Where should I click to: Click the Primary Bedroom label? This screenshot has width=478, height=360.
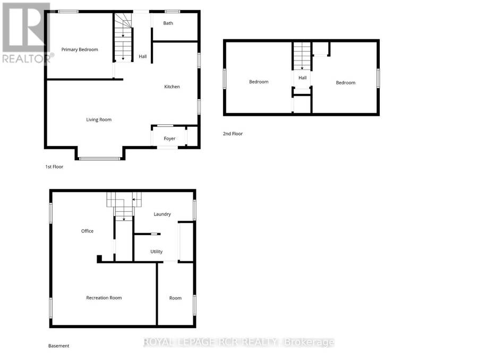pyautogui.click(x=80, y=49)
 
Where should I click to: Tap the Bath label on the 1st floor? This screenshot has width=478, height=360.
pyautogui.click(x=168, y=23)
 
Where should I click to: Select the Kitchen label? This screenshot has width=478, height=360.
pyautogui.click(x=172, y=87)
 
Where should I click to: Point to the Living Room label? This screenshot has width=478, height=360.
pyautogui.click(x=99, y=120)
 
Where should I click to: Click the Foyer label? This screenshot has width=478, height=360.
pyautogui.click(x=169, y=139)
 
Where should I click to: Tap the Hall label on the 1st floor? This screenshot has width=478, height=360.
pyautogui.click(x=143, y=56)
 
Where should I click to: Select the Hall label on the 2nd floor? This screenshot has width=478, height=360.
pyautogui.click(x=302, y=78)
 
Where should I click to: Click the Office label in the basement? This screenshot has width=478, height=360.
pyautogui.click(x=87, y=231)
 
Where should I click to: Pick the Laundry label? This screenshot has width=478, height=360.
pyautogui.click(x=162, y=215)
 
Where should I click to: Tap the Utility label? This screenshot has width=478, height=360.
pyautogui.click(x=156, y=252)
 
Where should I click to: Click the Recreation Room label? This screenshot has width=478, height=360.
pyautogui.click(x=104, y=298)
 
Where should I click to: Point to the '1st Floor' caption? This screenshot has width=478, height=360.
pyautogui.click(x=54, y=167)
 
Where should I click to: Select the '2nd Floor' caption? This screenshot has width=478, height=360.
pyautogui.click(x=233, y=133)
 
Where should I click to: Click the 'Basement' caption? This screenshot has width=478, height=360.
pyautogui.click(x=59, y=346)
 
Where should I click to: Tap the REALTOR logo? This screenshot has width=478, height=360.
pyautogui.click(x=27, y=33)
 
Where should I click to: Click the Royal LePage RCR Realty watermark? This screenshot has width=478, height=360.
pyautogui.click(x=238, y=342)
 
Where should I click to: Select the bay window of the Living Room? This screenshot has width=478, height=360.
pyautogui.click(x=100, y=159)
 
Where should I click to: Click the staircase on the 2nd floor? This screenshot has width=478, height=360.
pyautogui.click(x=302, y=56)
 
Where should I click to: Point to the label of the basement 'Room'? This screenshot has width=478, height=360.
pyautogui.click(x=175, y=298)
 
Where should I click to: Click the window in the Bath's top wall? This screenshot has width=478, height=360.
pyautogui.click(x=172, y=12)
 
